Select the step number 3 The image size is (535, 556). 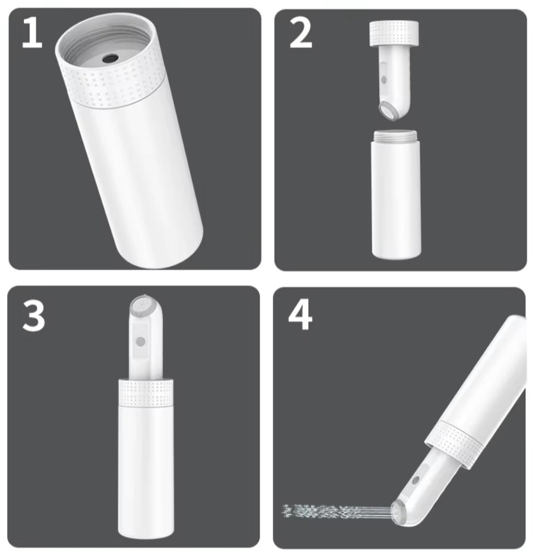[34, 316]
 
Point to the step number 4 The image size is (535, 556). [300, 315]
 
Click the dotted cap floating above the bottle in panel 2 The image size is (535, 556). [394, 33]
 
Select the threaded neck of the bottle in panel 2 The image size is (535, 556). [396, 136]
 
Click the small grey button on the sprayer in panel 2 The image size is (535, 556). [383, 79]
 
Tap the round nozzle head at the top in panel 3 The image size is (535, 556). [144, 306]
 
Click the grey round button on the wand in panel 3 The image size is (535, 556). [141, 341]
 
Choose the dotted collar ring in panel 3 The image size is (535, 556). [146, 392]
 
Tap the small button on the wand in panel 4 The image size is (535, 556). [416, 480]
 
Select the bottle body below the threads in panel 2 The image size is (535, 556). [396, 199]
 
